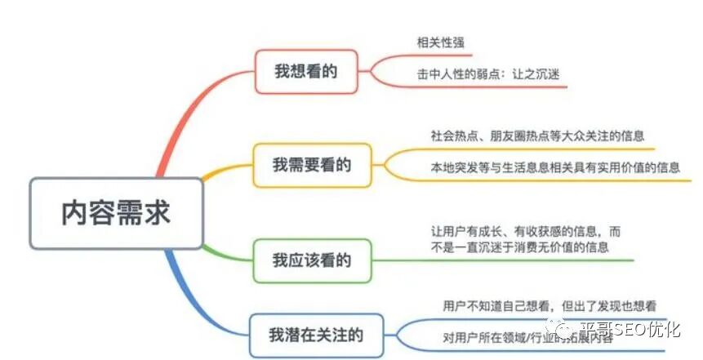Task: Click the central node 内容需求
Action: tap(115, 212)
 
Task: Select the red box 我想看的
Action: tap(305, 71)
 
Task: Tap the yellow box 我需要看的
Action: tap(312, 165)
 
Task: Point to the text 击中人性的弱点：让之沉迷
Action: tap(487, 73)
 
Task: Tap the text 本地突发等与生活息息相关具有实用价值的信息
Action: tap(554, 167)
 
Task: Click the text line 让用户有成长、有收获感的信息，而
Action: tap(526, 231)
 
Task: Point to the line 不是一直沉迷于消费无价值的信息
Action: tap(519, 247)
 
